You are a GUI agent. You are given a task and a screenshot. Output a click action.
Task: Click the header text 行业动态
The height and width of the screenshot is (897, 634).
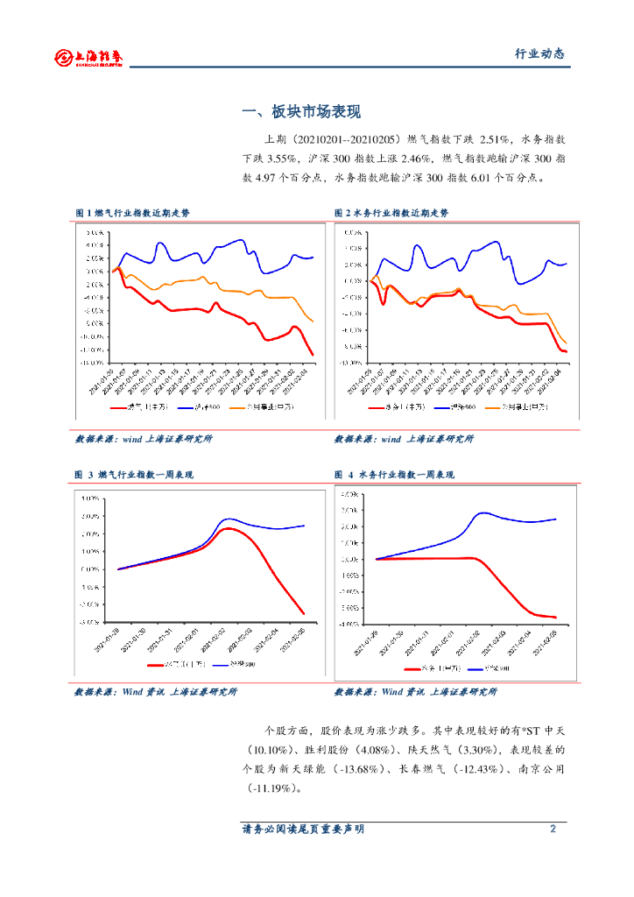click(539, 54)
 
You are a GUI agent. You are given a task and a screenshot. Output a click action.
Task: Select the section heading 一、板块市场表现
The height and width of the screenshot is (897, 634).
click(301, 112)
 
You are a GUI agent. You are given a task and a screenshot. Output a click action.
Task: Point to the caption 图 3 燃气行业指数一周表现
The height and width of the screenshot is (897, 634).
click(134, 475)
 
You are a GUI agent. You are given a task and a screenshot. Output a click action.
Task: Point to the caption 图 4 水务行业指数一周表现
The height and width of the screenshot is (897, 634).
click(394, 475)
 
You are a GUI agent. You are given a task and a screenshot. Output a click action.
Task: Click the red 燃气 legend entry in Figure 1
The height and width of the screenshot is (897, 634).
click(131, 407)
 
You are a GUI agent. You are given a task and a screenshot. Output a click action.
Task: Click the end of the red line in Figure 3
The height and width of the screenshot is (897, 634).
click(304, 614)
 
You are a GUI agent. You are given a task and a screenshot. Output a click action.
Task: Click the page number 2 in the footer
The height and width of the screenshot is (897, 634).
click(553, 829)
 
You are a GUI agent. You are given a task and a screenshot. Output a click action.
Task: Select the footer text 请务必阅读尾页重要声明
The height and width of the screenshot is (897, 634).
click(302, 829)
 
